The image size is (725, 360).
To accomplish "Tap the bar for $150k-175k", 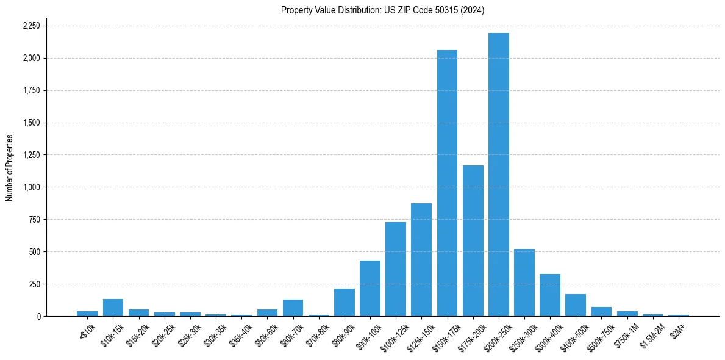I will [x=447, y=183].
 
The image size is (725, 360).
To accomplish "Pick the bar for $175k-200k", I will [x=473, y=240].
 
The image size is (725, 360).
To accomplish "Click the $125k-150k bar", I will [x=421, y=259].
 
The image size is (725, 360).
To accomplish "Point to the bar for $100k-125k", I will [x=396, y=269].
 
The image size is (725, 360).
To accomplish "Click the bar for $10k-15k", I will [x=113, y=308].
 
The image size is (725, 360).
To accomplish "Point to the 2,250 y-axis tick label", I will [x=31, y=26].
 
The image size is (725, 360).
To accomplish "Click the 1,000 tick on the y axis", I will [x=31, y=187].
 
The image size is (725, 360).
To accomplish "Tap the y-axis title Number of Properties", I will [x=10, y=167].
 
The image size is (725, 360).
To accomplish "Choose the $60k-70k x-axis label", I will [x=291, y=332].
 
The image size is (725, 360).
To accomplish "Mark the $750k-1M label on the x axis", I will [x=626, y=332].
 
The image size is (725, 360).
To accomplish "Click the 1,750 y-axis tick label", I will [x=31, y=90].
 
